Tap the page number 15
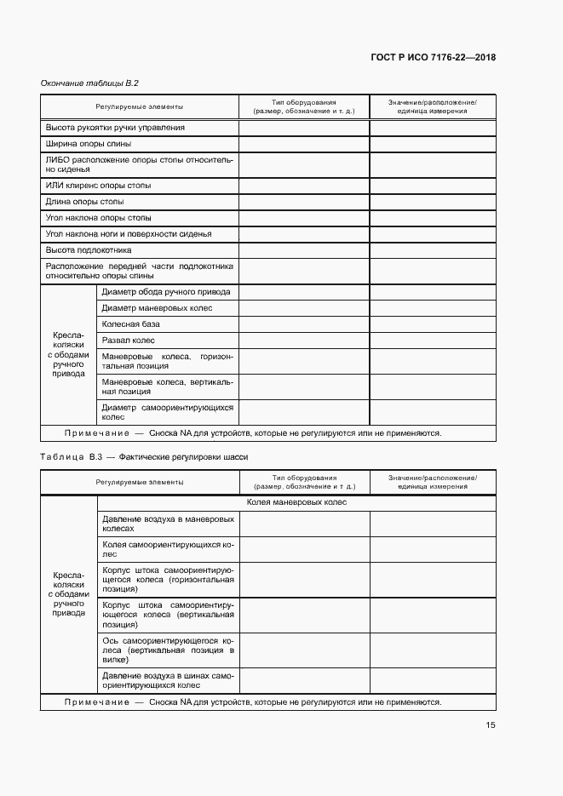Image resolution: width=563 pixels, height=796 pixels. coord(491,725)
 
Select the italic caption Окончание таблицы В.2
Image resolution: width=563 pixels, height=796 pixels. coord(89,83)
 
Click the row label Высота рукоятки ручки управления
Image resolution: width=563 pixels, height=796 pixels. coord(115,128)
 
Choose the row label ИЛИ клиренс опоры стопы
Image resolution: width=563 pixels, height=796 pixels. coord(98,185)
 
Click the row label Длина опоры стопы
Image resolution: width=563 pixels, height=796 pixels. coord(84,202)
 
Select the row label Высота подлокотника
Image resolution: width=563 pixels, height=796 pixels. coord(88,250)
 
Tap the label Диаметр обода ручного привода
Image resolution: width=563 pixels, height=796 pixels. coord(165,292)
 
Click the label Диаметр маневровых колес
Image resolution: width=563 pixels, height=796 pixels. coord(157,308)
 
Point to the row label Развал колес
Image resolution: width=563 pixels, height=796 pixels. coord(128,341)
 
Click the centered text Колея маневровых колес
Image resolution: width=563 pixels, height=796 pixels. coord(296,502)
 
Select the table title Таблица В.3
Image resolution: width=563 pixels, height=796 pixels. coord(71,456)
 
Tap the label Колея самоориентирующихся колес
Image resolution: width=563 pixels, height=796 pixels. coord(167,548)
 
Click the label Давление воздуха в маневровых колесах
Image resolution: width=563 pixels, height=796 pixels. coord(167,523)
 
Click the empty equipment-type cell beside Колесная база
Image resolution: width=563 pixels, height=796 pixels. coord(304,324)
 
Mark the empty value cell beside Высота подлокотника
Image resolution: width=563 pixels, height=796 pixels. coord(432,250)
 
